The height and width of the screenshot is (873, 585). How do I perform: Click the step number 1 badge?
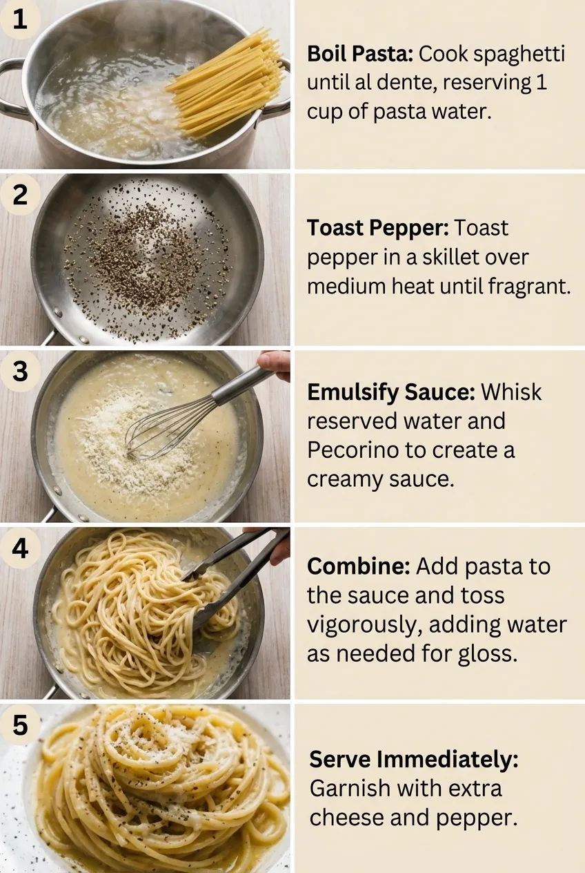(20, 19)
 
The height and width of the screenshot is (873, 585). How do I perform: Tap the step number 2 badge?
(20, 195)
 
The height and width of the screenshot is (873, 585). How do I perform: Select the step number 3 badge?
(20, 372)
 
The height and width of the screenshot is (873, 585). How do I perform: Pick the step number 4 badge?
(20, 548)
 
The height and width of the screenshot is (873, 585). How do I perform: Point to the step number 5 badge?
(20, 726)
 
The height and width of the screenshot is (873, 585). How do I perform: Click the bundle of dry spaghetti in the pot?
(228, 83)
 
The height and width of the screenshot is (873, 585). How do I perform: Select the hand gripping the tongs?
(279, 546)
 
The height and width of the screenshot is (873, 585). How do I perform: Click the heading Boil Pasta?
(360, 54)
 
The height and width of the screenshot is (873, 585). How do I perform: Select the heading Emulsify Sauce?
(390, 392)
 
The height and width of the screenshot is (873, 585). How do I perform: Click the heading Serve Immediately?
(413, 760)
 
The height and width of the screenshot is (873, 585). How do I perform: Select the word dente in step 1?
(404, 83)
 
